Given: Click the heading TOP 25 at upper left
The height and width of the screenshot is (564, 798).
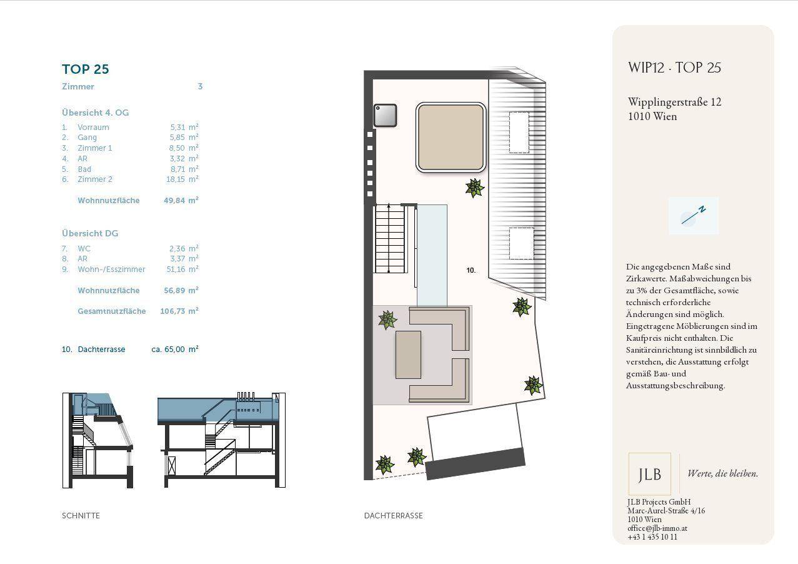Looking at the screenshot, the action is [85, 69].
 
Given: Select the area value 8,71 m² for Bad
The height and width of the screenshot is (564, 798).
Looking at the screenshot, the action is [184, 169].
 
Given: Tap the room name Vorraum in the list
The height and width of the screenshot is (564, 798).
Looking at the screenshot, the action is [93, 128].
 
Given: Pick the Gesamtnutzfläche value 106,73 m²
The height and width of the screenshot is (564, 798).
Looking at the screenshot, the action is [179, 311].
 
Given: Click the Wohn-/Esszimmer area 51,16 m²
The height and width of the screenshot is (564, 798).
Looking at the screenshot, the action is [182, 269].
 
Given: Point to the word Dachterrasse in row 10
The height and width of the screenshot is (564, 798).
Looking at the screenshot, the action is [101, 350].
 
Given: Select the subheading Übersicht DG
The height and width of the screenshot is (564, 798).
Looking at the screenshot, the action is [90, 233].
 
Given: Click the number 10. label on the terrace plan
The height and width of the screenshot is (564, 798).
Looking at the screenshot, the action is [471, 270].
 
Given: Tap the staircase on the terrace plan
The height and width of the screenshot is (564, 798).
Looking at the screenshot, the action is [390, 238].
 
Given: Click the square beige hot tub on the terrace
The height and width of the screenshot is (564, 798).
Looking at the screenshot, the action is [451, 138].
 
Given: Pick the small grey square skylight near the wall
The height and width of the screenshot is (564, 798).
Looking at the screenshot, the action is [385, 115].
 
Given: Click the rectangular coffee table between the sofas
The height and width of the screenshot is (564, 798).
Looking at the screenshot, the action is [408, 355].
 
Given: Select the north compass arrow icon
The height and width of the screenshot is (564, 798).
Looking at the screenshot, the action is [693, 216].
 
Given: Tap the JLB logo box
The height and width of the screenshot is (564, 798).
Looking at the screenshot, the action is [649, 474].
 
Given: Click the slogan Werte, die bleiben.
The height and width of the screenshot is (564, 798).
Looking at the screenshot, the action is [723, 473].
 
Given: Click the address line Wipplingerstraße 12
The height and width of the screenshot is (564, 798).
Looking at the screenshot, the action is [674, 102].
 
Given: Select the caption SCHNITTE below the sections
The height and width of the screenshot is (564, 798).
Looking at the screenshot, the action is [81, 515].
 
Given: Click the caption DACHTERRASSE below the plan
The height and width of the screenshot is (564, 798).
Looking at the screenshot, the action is [393, 515].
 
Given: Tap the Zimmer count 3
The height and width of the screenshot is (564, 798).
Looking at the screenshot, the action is [200, 86].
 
